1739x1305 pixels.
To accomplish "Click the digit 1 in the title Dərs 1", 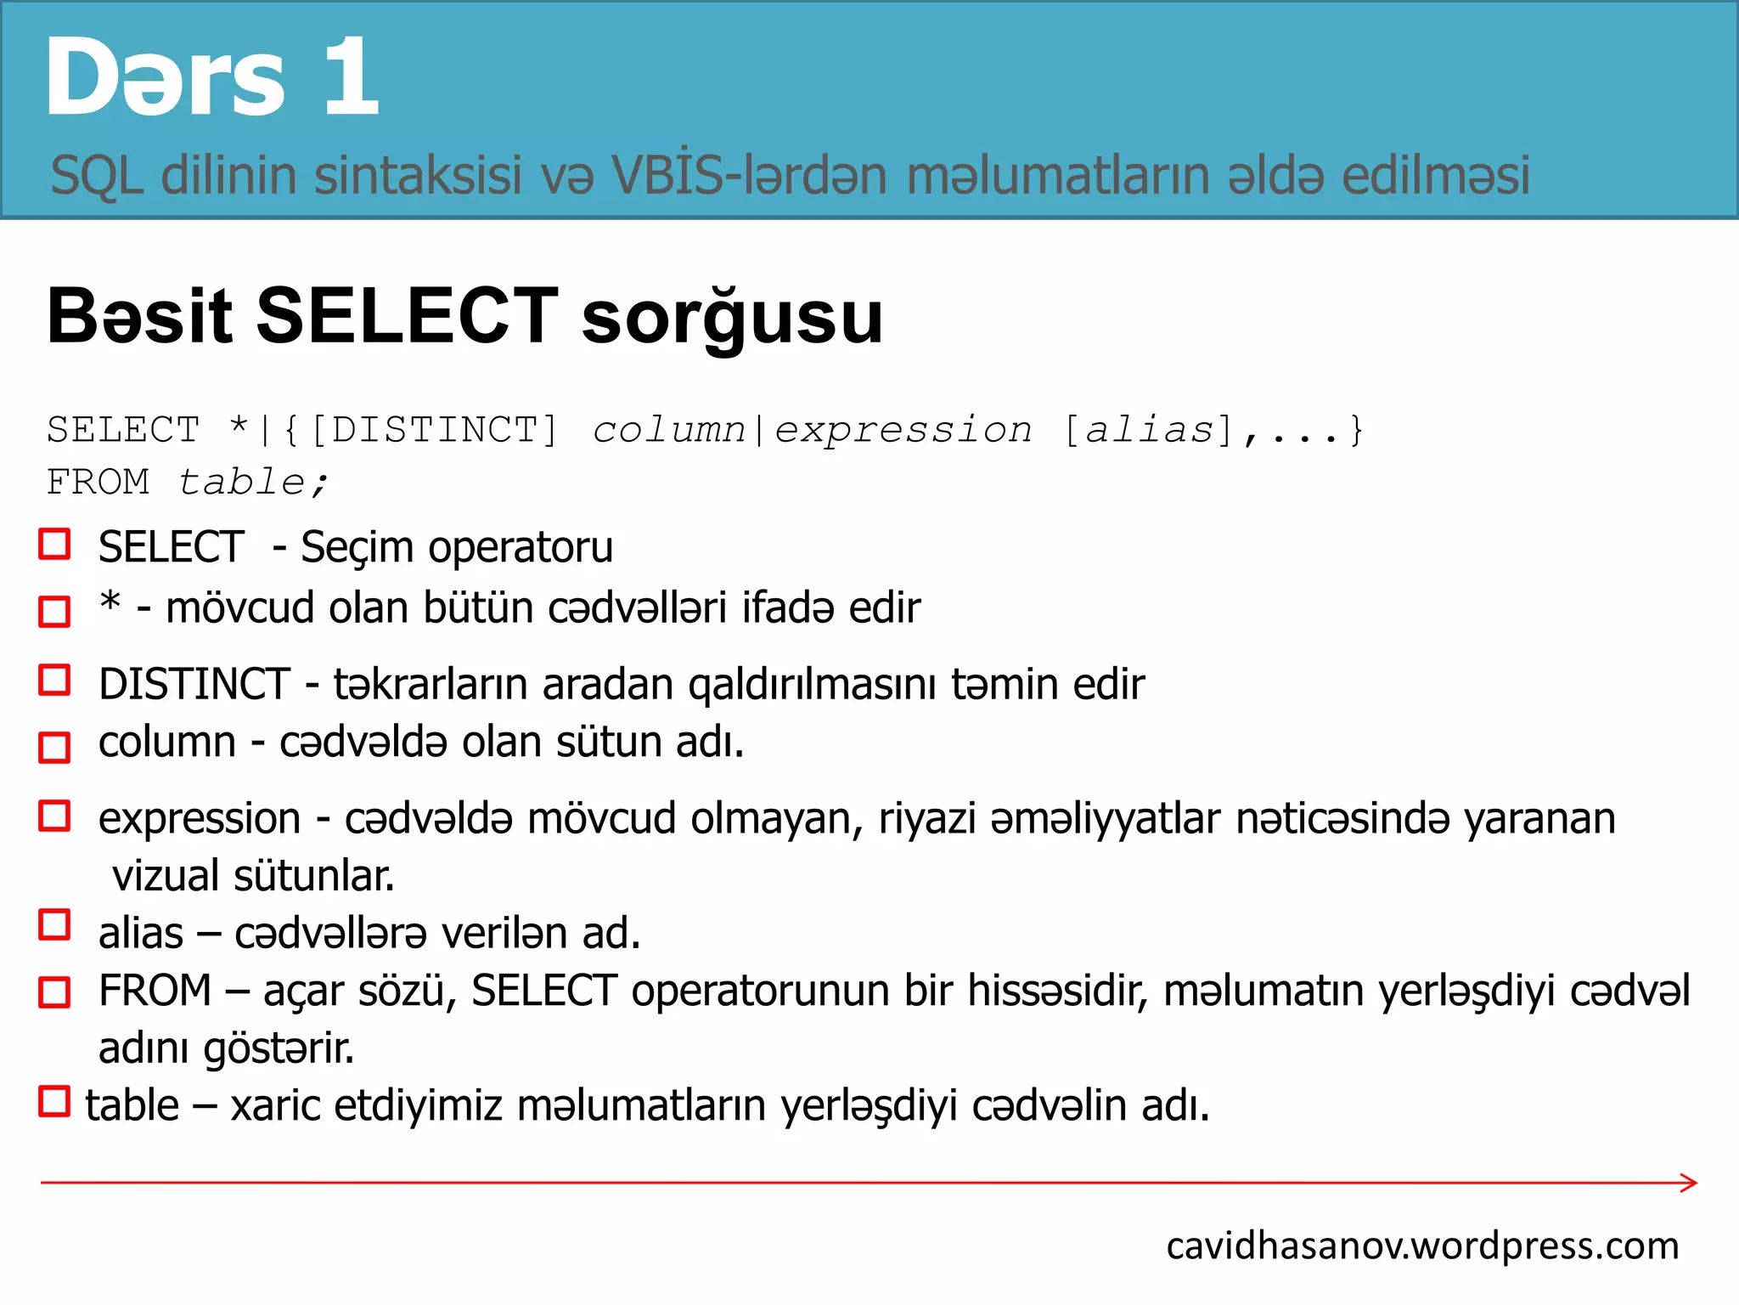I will [x=351, y=78].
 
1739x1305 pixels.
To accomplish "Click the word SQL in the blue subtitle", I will [x=96, y=176].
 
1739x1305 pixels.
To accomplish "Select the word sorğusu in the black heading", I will [x=732, y=317].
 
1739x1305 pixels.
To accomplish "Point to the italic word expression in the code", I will [x=903, y=430].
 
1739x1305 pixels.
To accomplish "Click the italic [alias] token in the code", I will [x=1149, y=430].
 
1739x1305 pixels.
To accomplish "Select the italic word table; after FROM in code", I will [x=252, y=483].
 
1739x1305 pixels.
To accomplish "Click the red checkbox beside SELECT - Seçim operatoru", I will [x=55, y=545].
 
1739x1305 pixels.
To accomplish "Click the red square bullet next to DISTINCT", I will [x=55, y=681].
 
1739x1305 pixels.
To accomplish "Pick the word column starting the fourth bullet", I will [x=166, y=742].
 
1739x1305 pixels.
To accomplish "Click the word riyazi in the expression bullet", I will [x=926, y=819].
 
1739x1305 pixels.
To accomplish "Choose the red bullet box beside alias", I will [x=55, y=925].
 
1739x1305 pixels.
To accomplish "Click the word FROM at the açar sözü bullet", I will [x=155, y=991].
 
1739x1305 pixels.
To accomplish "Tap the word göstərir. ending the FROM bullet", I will [x=279, y=1048].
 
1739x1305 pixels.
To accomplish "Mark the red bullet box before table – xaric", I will [x=55, y=1101].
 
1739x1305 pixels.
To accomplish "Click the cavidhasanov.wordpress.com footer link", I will [x=1422, y=1246].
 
